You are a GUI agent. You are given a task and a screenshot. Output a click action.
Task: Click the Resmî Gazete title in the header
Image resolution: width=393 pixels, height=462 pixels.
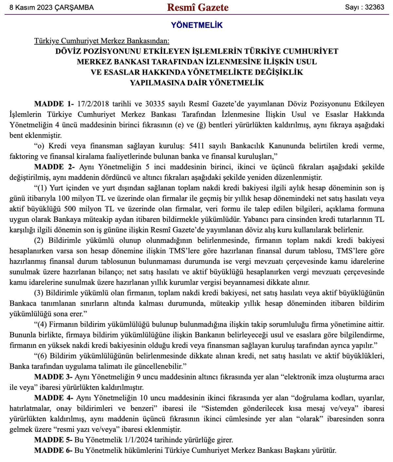197,8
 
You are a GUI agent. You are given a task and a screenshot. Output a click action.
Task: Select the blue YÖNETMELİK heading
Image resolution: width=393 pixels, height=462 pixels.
196,25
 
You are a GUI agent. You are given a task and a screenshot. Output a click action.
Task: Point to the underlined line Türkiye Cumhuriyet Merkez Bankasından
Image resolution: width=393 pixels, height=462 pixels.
102,41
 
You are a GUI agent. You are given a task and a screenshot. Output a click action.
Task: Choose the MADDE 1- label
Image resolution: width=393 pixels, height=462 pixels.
54,104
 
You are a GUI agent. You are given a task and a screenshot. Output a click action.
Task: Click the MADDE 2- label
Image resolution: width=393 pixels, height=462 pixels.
54,167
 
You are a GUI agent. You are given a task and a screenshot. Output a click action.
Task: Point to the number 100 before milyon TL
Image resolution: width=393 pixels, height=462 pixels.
63,198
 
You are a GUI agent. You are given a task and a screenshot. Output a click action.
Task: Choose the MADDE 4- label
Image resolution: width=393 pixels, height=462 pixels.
54,398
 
